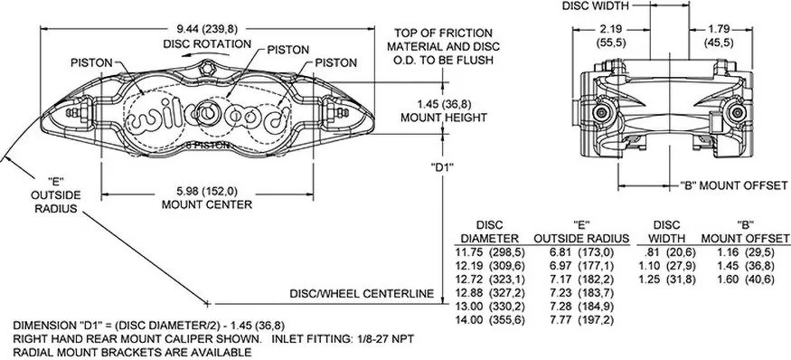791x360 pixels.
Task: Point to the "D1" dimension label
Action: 443,166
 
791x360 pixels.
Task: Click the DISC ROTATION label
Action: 207,43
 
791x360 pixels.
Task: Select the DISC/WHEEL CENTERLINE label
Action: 362,293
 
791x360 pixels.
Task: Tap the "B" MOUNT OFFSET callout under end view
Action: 733,185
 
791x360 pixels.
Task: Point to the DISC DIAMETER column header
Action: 490,232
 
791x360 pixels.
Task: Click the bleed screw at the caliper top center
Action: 207,68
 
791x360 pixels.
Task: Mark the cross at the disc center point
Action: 207,303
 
